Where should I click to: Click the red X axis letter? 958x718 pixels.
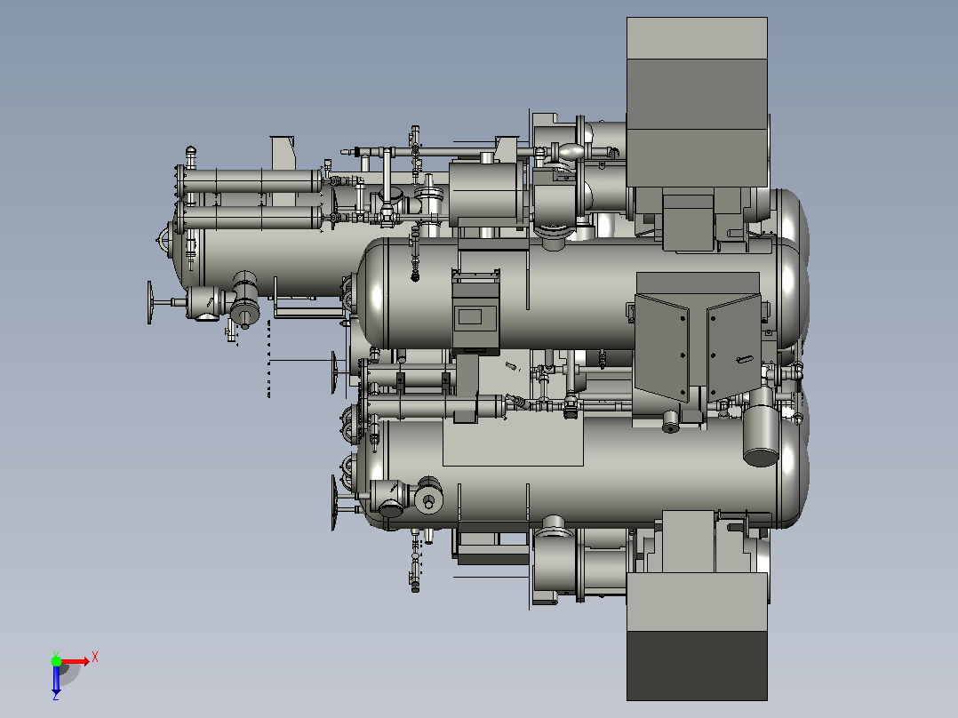(95, 658)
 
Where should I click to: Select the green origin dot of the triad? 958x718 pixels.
(56, 661)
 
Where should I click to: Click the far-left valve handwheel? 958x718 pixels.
(149, 302)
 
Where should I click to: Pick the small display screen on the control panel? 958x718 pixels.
(470, 316)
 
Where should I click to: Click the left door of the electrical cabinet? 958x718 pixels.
(662, 347)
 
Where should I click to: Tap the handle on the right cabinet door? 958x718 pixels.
(744, 359)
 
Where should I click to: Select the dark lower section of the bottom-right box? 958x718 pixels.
(697, 666)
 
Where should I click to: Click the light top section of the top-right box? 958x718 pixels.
(697, 38)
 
